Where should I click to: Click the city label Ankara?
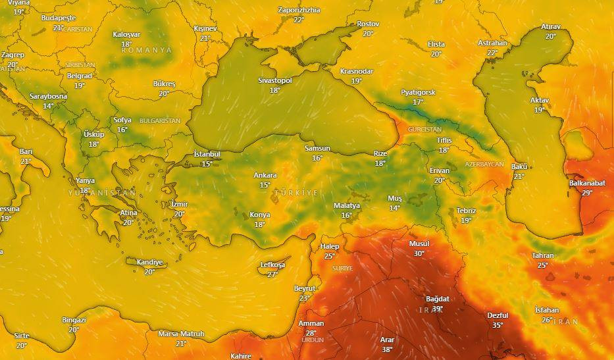pos(265,176)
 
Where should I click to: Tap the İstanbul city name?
pos(207,154)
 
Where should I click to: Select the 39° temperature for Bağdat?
pos(437,309)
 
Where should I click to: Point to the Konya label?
pos(260,215)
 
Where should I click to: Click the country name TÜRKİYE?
pos(296,193)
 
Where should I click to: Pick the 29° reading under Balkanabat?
pos(587,193)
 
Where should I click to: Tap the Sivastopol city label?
pos(275,80)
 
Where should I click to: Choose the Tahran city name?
pos(543,255)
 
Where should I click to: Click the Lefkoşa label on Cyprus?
pos(272,265)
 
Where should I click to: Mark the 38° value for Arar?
pos(387,349)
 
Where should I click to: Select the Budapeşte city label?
pos(59,18)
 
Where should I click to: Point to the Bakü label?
pos(519,167)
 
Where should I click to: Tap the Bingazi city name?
pos(74,320)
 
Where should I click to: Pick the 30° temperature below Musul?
pos(419,253)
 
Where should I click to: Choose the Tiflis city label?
pos(444,141)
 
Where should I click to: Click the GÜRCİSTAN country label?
pos(424,130)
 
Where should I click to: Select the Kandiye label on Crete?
pos(149,262)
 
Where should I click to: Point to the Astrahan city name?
pos(492,43)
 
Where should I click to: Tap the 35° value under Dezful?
pos(498,325)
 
